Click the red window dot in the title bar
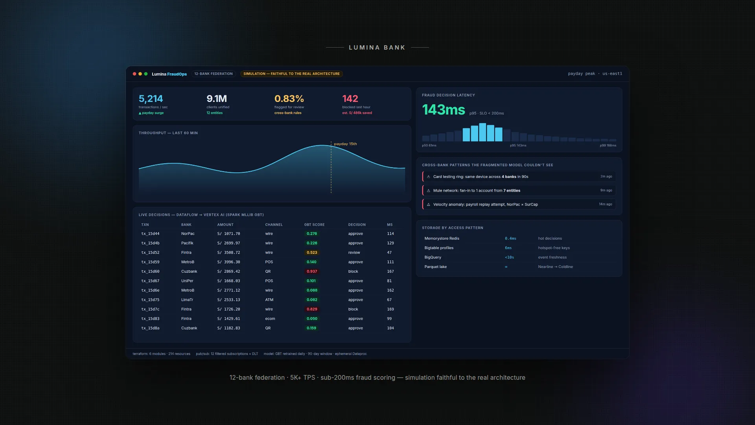point(134,74)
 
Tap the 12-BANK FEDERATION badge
point(214,74)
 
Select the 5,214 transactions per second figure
point(151,99)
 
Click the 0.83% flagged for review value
point(289,99)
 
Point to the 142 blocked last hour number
point(350,99)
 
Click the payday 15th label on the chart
point(345,144)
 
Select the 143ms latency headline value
point(444,110)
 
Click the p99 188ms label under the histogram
point(608,146)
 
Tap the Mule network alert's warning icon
point(428,190)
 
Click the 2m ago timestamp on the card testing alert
point(606,177)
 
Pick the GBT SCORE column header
point(314,225)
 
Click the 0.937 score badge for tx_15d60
point(312,272)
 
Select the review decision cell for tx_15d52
point(354,253)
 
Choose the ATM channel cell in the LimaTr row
point(269,300)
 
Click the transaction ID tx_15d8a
point(150,328)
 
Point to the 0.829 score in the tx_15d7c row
point(312,309)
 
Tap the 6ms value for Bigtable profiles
point(508,248)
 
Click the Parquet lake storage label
point(435,267)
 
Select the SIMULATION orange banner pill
point(291,74)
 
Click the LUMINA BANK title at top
point(377,48)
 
